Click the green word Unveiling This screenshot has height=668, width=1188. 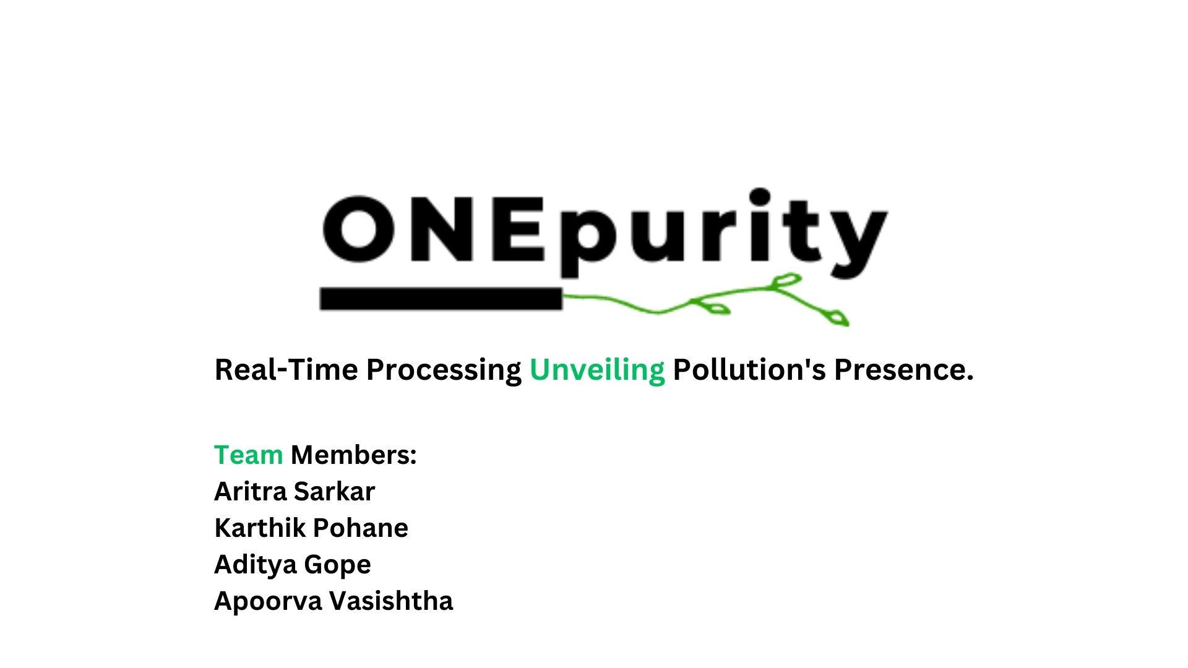597,370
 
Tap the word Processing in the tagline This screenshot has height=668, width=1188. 444,370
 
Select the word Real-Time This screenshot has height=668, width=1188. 286,370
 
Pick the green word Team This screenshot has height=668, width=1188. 248,455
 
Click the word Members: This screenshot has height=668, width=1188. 354,455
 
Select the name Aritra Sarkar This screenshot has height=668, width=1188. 295,492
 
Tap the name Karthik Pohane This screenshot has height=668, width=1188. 311,528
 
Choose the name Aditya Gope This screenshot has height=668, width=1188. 293,565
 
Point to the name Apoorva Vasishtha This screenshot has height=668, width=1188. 334,601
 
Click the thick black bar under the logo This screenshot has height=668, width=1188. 441,299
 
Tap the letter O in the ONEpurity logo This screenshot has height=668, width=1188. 359,229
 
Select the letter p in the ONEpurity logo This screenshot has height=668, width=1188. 587,238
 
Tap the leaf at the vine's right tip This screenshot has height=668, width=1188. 838,318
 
